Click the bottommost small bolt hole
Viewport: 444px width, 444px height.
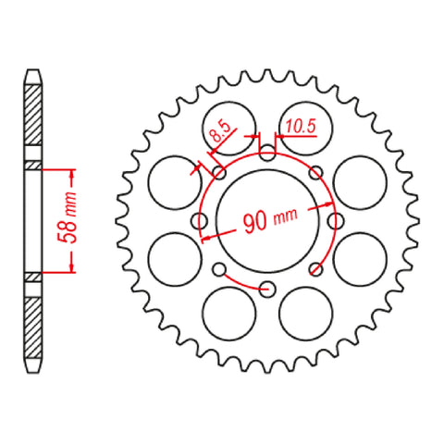(267, 288)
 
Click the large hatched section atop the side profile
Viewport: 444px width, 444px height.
(33, 120)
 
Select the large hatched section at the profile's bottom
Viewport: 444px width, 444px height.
(33, 324)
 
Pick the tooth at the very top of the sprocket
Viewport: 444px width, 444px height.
(267, 71)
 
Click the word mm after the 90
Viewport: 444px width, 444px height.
(285, 216)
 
